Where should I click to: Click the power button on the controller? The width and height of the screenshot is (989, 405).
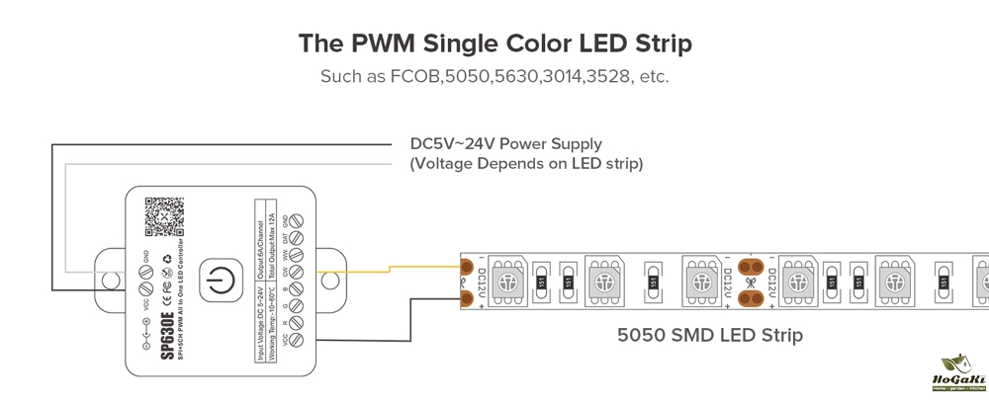(x=217, y=282)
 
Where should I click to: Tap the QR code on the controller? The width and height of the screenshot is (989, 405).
(x=164, y=216)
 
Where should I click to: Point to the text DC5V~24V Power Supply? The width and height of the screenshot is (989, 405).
(x=505, y=144)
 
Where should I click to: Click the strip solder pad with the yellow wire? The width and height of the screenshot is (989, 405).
(x=467, y=266)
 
